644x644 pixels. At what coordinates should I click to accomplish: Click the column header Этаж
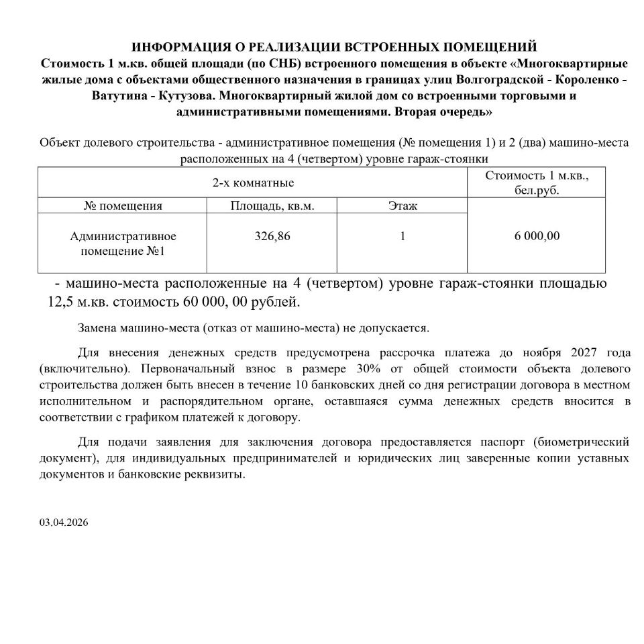402,206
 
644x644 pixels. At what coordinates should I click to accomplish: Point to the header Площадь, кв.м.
272,206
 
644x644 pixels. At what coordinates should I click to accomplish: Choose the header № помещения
123,206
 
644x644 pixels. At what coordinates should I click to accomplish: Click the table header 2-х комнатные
253,182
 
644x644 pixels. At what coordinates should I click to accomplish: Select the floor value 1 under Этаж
402,236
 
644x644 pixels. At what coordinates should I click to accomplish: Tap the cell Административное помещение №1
123,243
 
